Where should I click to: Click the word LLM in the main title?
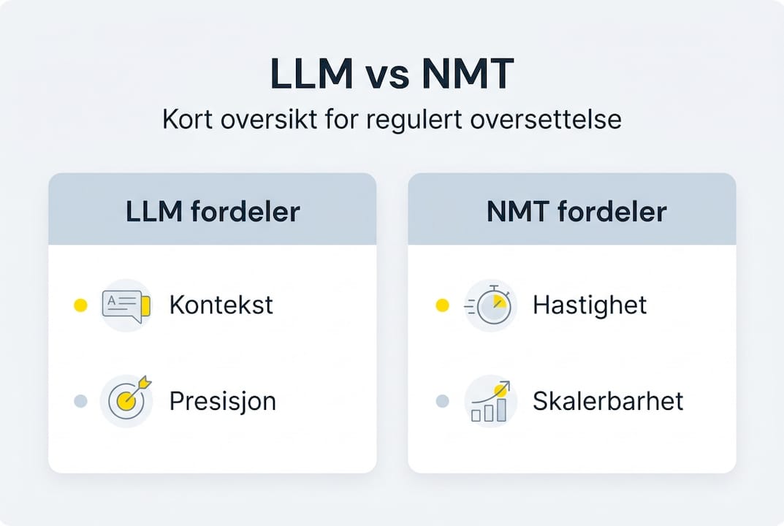point(309,75)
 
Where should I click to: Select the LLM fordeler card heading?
point(213,211)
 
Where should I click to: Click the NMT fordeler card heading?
point(576,211)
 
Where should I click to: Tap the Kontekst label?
point(221,305)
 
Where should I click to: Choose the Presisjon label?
point(222,401)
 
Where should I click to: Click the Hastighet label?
point(590,305)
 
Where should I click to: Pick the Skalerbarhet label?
point(608,401)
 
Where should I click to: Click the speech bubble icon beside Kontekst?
point(126,305)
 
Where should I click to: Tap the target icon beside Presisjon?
point(126,400)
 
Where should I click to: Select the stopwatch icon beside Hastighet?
point(490,305)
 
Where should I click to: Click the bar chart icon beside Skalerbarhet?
point(490,401)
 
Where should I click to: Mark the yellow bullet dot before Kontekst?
point(80,305)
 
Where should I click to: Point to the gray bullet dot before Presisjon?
point(80,401)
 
